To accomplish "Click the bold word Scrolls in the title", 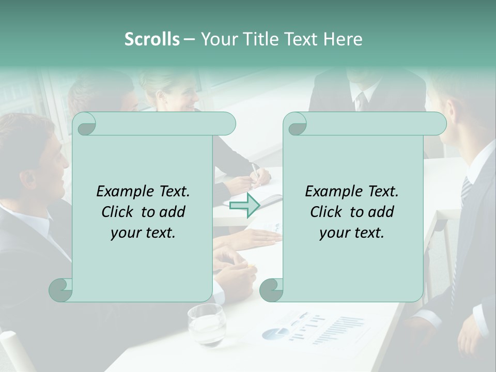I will [x=152, y=39].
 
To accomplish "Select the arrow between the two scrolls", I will [x=244, y=206].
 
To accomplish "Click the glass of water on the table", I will [x=206, y=324].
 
